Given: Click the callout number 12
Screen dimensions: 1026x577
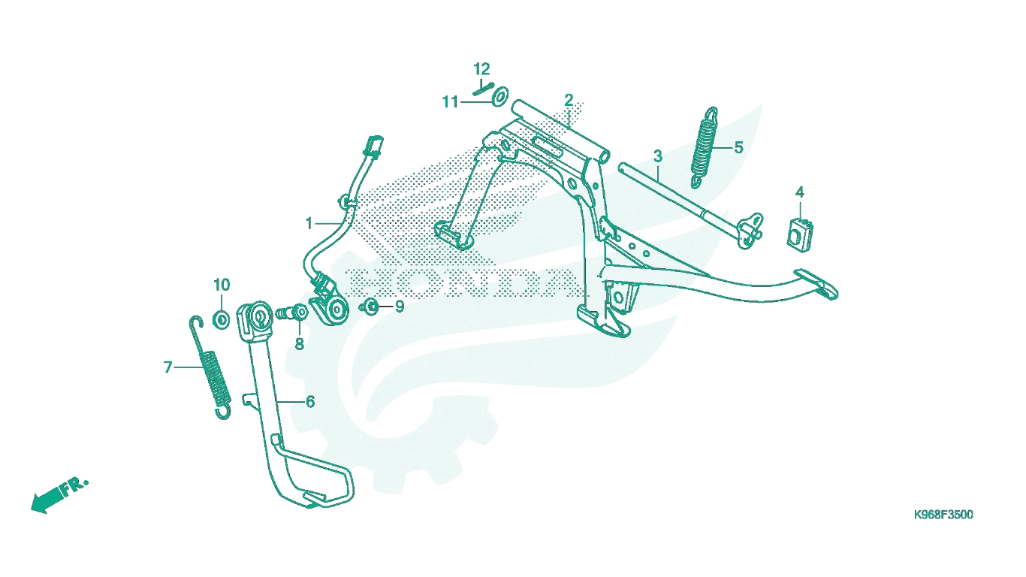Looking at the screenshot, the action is (x=481, y=69).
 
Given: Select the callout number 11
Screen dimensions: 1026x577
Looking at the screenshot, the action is (x=450, y=102).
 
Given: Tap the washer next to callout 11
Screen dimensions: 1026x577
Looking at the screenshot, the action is (x=500, y=95).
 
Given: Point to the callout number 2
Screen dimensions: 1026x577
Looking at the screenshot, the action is (x=569, y=100).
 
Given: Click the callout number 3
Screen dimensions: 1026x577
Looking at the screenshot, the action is (x=658, y=156).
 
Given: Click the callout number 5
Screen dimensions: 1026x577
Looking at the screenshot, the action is (x=738, y=147).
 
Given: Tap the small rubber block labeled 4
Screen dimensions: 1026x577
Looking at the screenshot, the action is (x=800, y=234).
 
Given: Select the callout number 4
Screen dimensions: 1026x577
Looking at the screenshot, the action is (x=800, y=192).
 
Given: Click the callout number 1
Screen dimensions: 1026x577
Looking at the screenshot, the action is (x=309, y=224).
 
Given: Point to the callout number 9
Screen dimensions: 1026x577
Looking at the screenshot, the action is (x=400, y=307).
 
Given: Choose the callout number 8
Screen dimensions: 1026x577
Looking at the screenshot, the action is (x=300, y=344).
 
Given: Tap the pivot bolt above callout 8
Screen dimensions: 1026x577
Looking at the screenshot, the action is (x=291, y=313).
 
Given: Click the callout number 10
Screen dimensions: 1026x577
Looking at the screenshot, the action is (x=222, y=285).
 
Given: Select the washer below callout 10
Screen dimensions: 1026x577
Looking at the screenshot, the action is (x=222, y=319).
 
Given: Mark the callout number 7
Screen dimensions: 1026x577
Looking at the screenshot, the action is (x=167, y=367).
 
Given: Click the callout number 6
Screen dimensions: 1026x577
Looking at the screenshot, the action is (x=310, y=402).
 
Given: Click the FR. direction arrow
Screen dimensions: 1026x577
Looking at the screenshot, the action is (x=59, y=496).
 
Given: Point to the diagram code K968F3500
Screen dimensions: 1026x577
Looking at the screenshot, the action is (x=943, y=515).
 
